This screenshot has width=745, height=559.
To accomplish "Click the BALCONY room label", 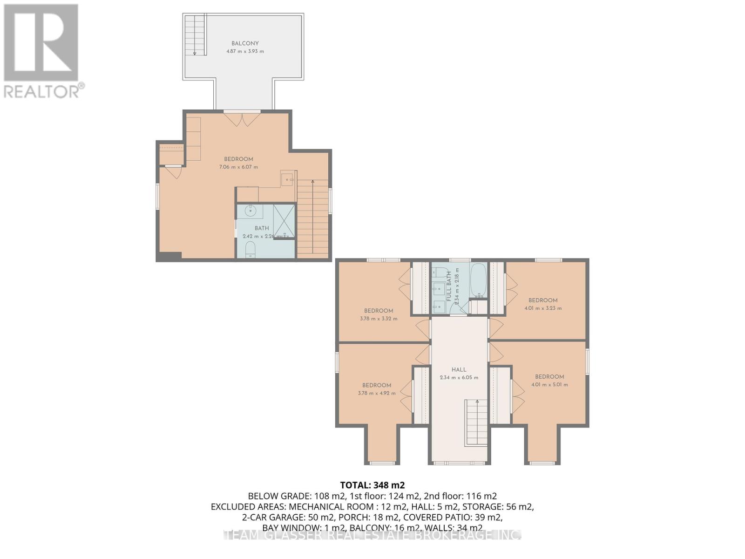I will [245, 43].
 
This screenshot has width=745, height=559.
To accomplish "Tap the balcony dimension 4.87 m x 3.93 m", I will [245, 51].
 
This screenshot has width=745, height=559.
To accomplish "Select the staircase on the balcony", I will [195, 35].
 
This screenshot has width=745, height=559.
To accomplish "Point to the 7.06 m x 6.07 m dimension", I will [238, 167].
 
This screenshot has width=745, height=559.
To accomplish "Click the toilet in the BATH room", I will [250, 249].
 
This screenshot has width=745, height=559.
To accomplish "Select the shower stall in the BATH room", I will [284, 220].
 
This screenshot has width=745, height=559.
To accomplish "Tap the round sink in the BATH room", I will [251, 211].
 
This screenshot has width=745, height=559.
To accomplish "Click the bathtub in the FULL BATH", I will [478, 280].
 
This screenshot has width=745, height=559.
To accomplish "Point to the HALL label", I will [459, 369].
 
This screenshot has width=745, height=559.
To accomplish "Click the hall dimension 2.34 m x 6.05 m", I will [459, 377].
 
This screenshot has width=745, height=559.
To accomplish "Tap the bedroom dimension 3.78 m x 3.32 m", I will [379, 319].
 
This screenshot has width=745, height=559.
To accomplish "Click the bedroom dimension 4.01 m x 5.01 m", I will [549, 384].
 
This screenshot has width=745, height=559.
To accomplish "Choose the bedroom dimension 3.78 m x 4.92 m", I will [377, 393].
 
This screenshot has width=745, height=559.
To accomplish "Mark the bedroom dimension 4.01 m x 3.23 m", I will [543, 308].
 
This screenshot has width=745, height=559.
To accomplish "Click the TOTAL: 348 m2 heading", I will [369, 485].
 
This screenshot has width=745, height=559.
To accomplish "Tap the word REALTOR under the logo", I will [42, 91].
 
